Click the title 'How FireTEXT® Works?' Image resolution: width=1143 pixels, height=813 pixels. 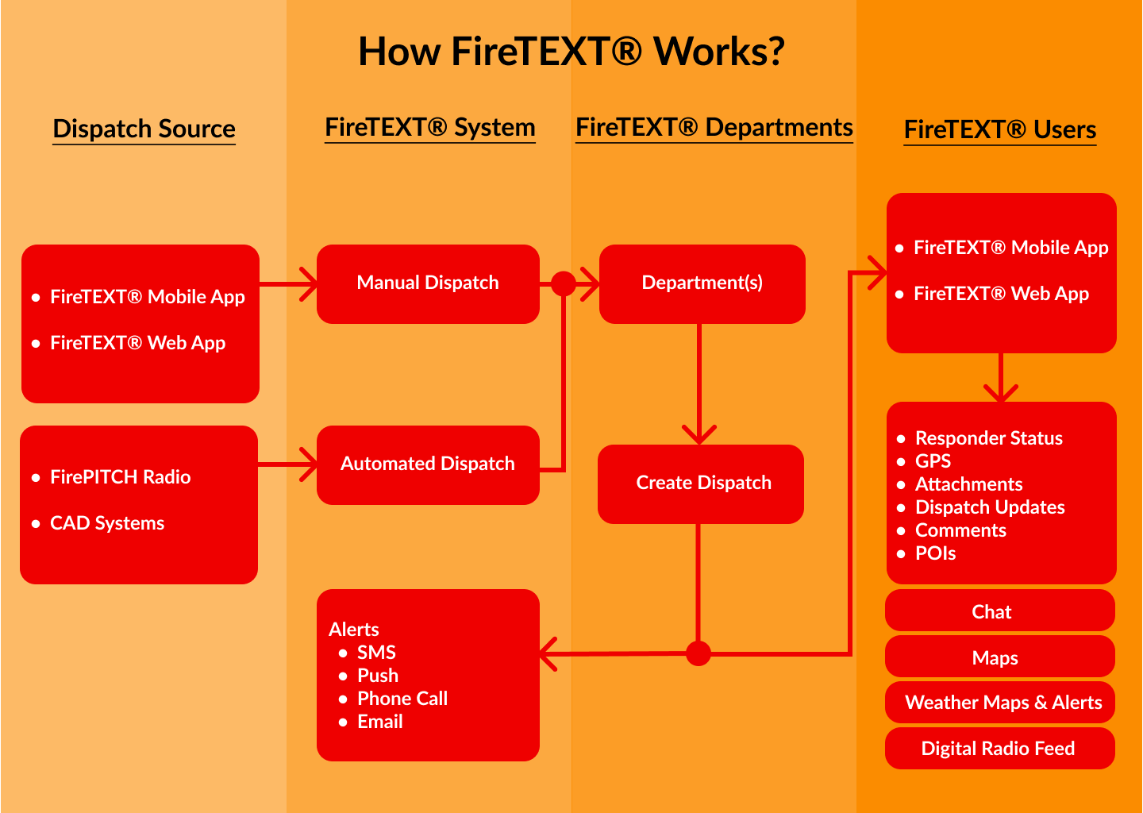pos(571,52)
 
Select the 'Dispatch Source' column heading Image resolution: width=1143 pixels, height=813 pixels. pos(144,129)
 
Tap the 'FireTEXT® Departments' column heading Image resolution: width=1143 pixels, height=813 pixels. pos(714,127)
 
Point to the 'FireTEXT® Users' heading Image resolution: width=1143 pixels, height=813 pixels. pos(999,129)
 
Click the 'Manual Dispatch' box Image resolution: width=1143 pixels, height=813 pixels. pos(428,283)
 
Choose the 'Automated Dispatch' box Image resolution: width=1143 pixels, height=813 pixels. pos(428,464)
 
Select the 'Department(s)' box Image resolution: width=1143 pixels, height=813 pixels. pos(702,283)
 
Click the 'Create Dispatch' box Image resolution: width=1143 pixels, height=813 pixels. pos(702,484)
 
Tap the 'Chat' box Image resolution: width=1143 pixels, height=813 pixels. pos(999,611)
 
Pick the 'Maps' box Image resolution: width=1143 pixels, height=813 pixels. pos(999,657)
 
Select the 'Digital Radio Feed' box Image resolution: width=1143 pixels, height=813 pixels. pos(999,749)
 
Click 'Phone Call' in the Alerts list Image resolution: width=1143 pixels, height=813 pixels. pos(402,699)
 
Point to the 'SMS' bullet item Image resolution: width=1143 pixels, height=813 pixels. pos(376,653)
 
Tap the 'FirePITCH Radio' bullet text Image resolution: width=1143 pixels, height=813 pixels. pos(120,477)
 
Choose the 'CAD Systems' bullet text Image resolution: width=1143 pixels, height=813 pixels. pos(107,523)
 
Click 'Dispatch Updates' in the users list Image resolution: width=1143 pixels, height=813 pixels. pos(990,507)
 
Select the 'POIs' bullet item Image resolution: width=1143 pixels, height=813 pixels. pos(935,553)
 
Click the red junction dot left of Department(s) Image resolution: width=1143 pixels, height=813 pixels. pos(563,283)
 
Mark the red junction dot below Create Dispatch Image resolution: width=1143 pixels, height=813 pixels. pos(698,653)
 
